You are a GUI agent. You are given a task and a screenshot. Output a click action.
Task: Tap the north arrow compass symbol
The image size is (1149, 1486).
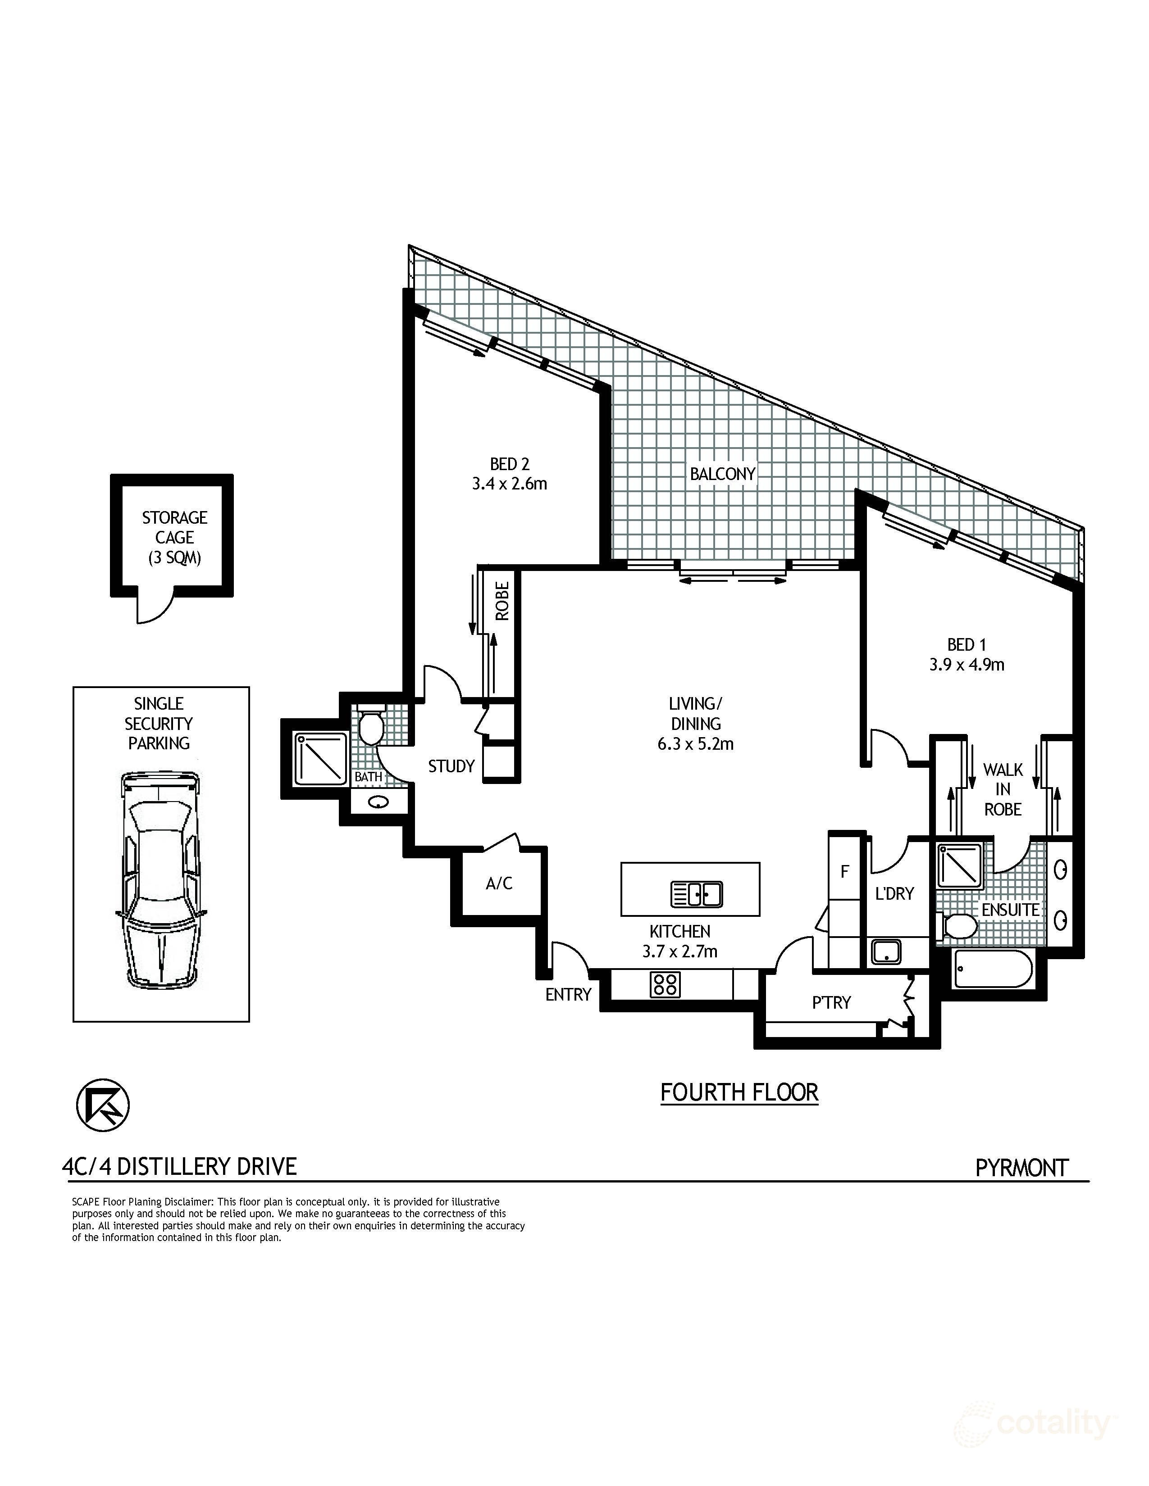point(103,1105)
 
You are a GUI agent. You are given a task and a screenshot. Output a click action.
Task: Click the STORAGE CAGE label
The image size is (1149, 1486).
point(174,538)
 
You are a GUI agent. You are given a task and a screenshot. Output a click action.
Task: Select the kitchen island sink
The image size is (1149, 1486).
point(696,893)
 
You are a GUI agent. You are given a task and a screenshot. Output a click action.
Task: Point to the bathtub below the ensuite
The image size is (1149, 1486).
point(993,969)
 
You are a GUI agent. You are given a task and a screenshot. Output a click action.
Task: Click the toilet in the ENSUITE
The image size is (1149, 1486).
point(959,926)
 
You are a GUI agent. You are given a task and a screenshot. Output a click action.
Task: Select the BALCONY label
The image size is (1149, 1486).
point(722,474)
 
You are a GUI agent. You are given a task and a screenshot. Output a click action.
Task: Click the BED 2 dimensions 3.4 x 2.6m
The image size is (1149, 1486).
point(509,484)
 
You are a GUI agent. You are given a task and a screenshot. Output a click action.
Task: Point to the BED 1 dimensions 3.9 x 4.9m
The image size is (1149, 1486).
point(967,664)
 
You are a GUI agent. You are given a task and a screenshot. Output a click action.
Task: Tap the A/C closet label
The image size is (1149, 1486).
point(499,883)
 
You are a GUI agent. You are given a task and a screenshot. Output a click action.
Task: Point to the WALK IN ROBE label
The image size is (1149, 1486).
point(1003,789)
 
